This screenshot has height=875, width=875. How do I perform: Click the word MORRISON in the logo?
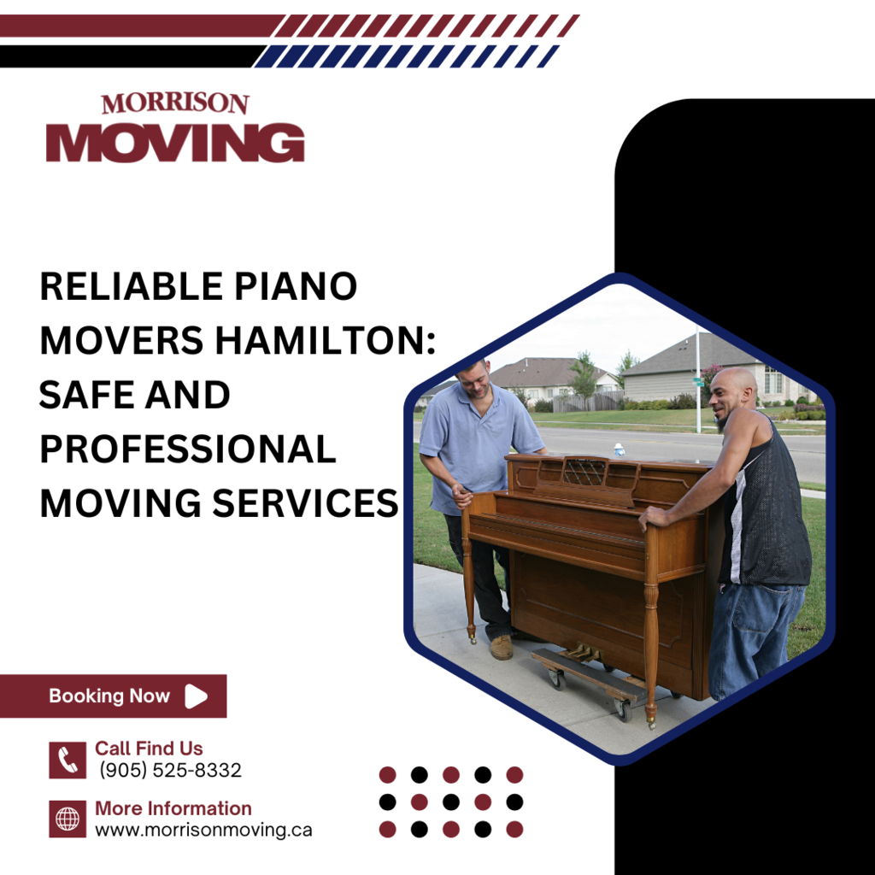[x=174, y=103]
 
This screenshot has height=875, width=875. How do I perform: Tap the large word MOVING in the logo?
[x=175, y=143]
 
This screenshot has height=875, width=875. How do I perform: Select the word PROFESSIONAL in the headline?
[x=188, y=449]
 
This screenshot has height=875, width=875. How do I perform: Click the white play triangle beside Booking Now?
[x=196, y=696]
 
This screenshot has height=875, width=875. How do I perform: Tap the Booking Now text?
[x=109, y=696]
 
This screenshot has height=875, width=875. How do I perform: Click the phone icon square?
[x=68, y=760]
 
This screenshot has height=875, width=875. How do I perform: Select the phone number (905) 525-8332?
[x=170, y=770]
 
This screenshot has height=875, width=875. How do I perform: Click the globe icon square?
[x=68, y=819]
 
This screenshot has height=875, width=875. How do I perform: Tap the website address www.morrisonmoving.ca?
[x=203, y=830]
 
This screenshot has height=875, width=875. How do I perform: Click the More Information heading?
[x=173, y=808]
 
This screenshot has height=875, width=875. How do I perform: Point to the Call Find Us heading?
[x=149, y=748]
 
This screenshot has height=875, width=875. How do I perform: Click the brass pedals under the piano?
[x=580, y=652]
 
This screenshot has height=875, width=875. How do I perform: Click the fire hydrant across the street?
[x=619, y=449]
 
